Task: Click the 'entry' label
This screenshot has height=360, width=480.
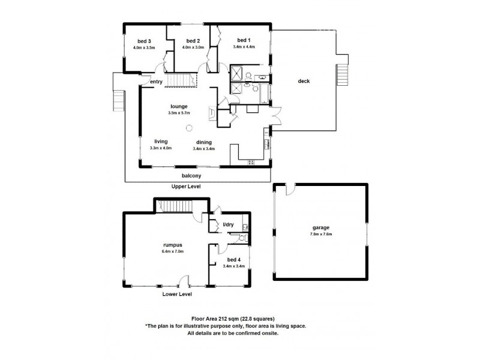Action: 157,82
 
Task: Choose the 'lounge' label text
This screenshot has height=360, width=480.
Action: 179,106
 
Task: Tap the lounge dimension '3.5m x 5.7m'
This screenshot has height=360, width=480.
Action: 179,112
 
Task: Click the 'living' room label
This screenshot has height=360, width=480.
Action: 160,141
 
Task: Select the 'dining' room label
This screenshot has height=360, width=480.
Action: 203,142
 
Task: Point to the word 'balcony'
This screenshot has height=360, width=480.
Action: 191,175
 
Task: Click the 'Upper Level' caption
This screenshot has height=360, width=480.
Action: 186,187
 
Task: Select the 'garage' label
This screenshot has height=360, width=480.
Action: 321,227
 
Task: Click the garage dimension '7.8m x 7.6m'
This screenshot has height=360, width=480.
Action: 321,233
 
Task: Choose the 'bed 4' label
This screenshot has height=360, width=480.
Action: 233,259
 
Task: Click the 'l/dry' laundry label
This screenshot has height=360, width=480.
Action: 228,224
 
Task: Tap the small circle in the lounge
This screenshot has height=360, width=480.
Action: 189,127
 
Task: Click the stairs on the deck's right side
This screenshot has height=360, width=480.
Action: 343,76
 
